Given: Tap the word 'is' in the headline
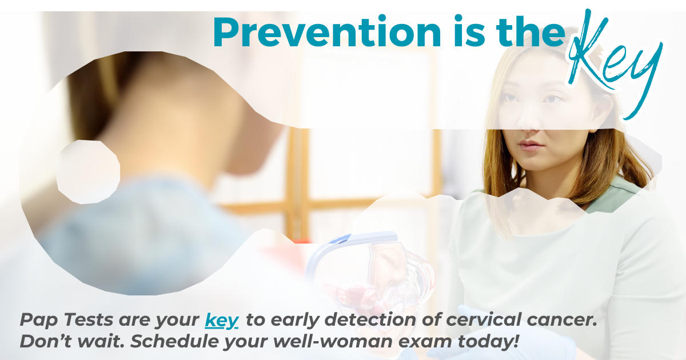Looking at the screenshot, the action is [470, 31].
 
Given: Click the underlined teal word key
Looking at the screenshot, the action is [221, 321].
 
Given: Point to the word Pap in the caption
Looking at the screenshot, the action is [39, 321].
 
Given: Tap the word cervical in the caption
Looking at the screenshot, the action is [484, 320].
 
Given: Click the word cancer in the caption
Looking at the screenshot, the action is [562, 321].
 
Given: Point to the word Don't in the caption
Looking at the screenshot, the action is [46, 341].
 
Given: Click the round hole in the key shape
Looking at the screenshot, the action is [88, 172].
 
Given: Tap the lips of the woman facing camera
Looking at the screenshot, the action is [531, 145].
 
